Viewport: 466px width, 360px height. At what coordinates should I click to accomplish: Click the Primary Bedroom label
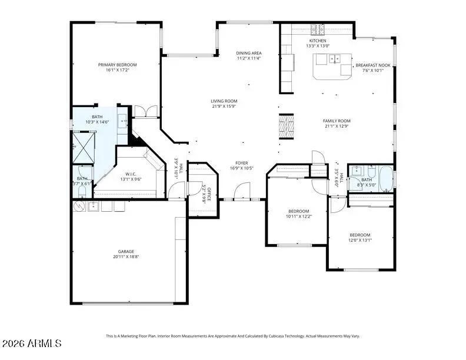(x=117, y=64)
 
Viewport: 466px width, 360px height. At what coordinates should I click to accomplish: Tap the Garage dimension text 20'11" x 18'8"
(x=126, y=256)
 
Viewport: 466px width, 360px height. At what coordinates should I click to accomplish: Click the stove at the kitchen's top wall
(x=318, y=27)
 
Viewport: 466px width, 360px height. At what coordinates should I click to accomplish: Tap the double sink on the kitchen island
(x=334, y=58)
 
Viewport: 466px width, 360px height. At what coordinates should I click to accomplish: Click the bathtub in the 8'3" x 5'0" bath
(x=385, y=179)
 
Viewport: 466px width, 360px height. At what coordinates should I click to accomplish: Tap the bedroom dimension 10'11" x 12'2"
(x=298, y=216)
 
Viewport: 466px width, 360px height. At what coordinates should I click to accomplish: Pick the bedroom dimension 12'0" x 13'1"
(x=360, y=239)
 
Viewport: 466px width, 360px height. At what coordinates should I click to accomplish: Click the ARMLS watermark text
(x=33, y=342)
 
